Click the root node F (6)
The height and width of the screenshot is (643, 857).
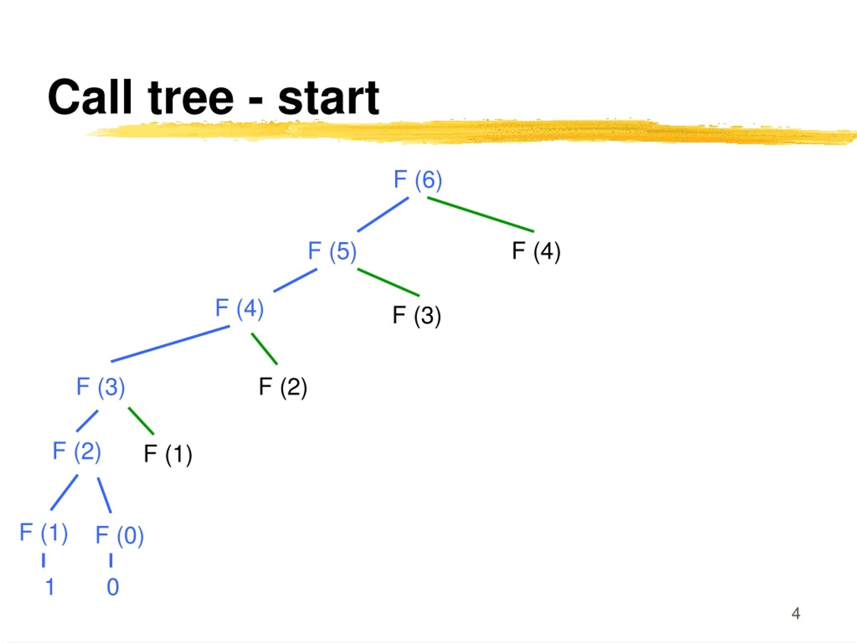(418, 180)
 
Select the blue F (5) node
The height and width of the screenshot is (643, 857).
(332, 252)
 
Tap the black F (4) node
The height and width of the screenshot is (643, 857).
(536, 252)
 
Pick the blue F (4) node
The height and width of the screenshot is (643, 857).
(239, 309)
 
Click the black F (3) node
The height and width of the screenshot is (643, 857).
(417, 316)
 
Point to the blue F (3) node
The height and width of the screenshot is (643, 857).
(101, 387)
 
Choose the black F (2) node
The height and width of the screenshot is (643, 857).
(283, 387)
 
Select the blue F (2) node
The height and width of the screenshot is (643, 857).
(77, 451)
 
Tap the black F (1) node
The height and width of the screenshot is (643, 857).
(168, 455)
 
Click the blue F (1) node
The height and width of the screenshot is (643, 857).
(44, 533)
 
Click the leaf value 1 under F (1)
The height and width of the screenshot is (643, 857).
(50, 587)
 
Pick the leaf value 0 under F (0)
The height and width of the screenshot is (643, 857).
(113, 587)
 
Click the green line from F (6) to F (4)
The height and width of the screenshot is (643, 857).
(480, 215)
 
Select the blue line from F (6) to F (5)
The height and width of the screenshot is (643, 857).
(383, 215)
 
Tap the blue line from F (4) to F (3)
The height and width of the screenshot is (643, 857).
(170, 344)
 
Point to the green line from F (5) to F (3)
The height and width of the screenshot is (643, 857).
(388, 283)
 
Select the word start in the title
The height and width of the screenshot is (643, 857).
(328, 98)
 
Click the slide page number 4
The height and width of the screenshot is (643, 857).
(796, 613)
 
